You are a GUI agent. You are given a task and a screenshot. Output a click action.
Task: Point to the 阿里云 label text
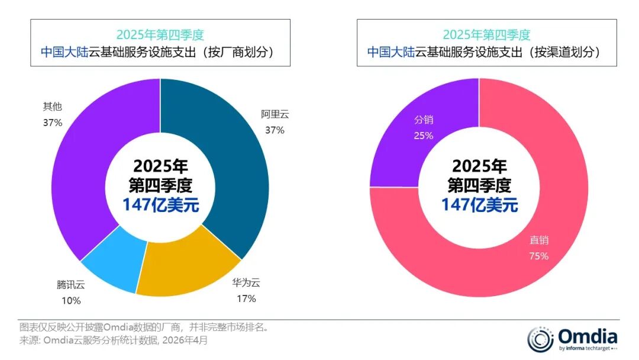275,115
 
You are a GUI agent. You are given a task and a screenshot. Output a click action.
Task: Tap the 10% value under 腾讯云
70,301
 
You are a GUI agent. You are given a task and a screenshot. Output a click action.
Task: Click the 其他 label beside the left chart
52,107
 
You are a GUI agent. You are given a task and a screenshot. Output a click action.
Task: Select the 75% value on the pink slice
539,256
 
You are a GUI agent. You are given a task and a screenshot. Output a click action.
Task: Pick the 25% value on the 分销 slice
424,136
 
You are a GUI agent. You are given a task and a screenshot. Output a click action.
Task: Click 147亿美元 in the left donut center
160,205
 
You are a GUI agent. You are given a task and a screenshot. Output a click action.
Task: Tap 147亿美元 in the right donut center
479,205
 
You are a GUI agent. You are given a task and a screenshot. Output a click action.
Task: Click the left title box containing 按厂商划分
160,43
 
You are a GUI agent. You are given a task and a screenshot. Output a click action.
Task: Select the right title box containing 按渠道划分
487,43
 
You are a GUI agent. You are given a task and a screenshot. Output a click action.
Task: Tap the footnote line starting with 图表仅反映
144,327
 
